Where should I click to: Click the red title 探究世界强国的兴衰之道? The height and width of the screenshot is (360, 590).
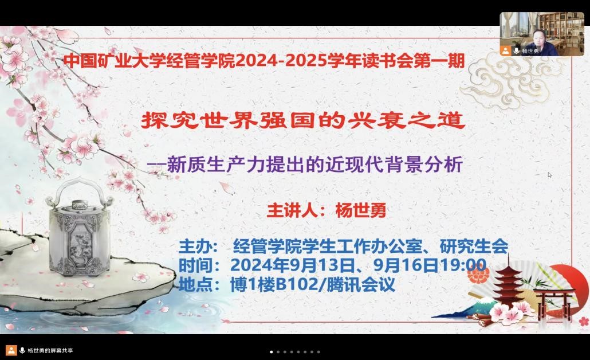tap(303, 120)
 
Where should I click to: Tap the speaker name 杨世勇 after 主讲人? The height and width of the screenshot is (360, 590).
tap(360, 210)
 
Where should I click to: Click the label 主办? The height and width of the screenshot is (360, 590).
tap(198, 246)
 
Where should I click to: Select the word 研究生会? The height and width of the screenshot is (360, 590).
tap(474, 246)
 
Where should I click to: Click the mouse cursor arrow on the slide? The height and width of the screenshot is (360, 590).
tap(549, 175)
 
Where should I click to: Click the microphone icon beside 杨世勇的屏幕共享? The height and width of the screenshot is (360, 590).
tap(22, 350)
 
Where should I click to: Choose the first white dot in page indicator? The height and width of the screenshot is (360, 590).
tap(272, 352)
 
